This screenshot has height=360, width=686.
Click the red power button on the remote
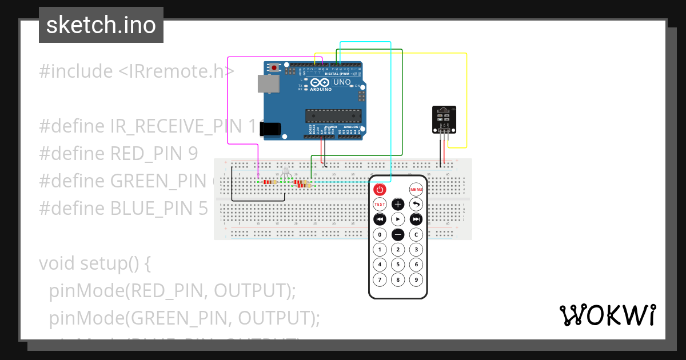[x=380, y=189]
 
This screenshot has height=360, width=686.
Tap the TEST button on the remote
[x=380, y=204]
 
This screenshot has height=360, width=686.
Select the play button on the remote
[x=398, y=219]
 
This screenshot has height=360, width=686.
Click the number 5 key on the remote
[x=398, y=265]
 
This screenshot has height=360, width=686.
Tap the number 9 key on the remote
[x=416, y=279]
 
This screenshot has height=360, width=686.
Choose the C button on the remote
[x=416, y=234]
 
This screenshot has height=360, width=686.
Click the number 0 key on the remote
[x=380, y=234]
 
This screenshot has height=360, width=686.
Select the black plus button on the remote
[x=398, y=204]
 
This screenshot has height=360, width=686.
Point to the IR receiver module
[x=444, y=119]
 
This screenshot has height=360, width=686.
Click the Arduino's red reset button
[x=274, y=67]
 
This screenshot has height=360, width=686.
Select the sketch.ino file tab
[x=101, y=25]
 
